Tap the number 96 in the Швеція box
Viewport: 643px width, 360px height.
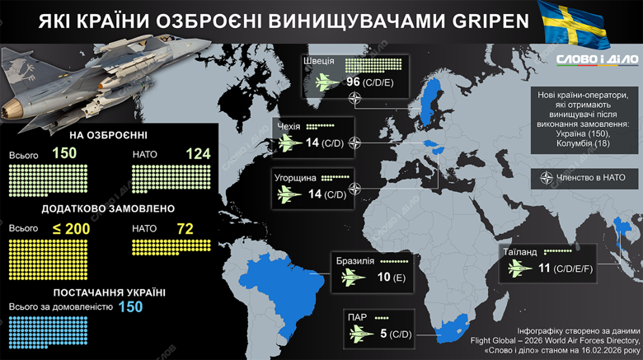(353, 82)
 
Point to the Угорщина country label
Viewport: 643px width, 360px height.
(296, 176)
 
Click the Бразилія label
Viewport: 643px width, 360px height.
(355, 260)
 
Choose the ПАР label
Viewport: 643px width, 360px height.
(357, 316)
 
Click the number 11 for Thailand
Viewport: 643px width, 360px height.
(542, 268)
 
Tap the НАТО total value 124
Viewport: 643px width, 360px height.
(198, 154)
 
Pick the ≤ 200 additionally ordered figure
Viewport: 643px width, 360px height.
(71, 228)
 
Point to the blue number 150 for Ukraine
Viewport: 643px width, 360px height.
(130, 306)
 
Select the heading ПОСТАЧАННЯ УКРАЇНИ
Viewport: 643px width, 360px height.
(109, 292)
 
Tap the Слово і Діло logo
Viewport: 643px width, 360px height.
(596, 59)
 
